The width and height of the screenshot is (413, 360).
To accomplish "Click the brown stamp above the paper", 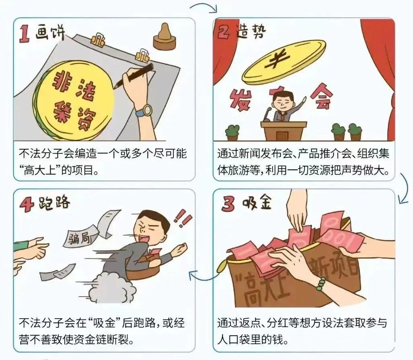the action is [x=164, y=37].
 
